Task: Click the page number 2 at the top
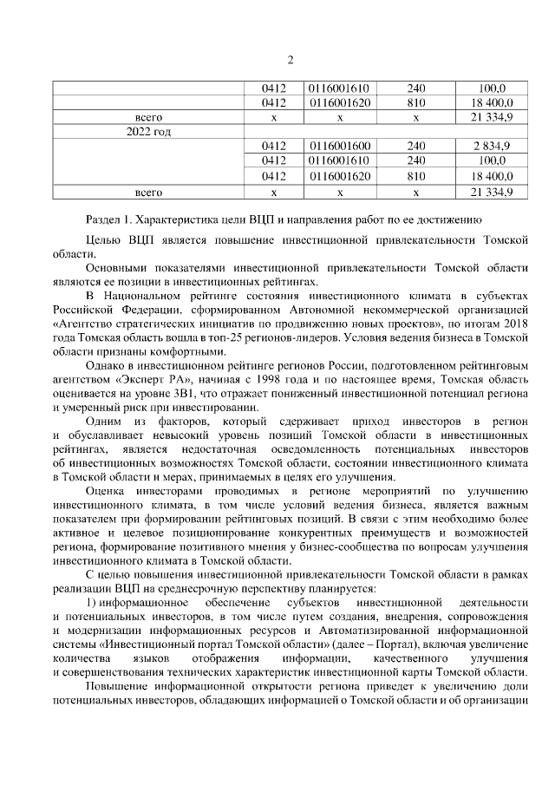pyautogui.click(x=291, y=60)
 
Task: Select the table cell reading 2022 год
pyautogui.click(x=148, y=131)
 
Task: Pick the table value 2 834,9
pyautogui.click(x=491, y=146)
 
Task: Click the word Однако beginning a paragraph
pyautogui.click(x=107, y=366)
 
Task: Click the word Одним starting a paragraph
pyautogui.click(x=107, y=421)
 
